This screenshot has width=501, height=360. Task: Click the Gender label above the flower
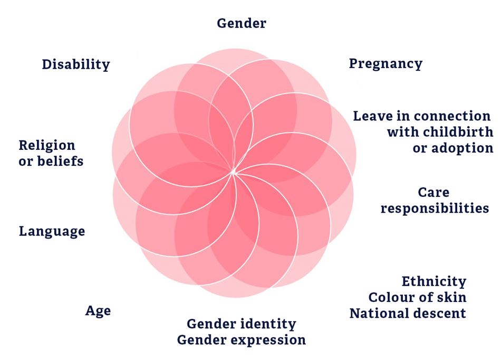(x=242, y=24)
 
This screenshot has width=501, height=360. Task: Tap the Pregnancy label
(x=386, y=64)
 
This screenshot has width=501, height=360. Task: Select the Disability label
(x=76, y=64)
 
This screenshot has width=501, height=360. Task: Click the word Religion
(x=47, y=146)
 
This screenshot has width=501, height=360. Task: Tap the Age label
(x=98, y=311)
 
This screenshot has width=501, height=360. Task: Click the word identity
(x=268, y=324)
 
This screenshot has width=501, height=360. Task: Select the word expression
(x=268, y=340)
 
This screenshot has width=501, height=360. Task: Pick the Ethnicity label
(x=434, y=282)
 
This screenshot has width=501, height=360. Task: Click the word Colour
(x=391, y=297)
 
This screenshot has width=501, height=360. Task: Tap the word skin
(x=451, y=297)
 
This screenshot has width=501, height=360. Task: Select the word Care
(x=433, y=193)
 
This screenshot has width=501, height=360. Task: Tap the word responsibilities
(x=435, y=209)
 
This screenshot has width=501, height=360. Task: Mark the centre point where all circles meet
(x=233, y=172)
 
